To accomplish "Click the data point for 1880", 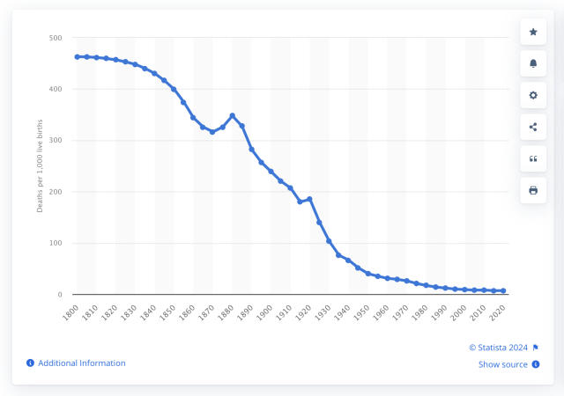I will click(233, 115).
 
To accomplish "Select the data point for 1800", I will click(77, 56).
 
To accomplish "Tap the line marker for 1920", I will click(310, 199).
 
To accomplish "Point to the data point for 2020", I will click(504, 290).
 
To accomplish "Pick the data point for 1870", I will click(212, 132).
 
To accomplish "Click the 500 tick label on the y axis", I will click(55, 38).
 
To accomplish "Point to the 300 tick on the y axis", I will click(55, 141).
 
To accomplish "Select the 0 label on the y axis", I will click(59, 295).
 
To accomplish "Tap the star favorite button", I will click(533, 32).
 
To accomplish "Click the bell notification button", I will click(533, 63).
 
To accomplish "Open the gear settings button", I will click(533, 95).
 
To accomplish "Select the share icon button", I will click(533, 127).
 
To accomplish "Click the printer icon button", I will click(533, 190).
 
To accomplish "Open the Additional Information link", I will click(81, 363).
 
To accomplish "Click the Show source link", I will click(503, 364).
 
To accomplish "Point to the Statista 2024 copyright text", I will click(498, 347).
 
